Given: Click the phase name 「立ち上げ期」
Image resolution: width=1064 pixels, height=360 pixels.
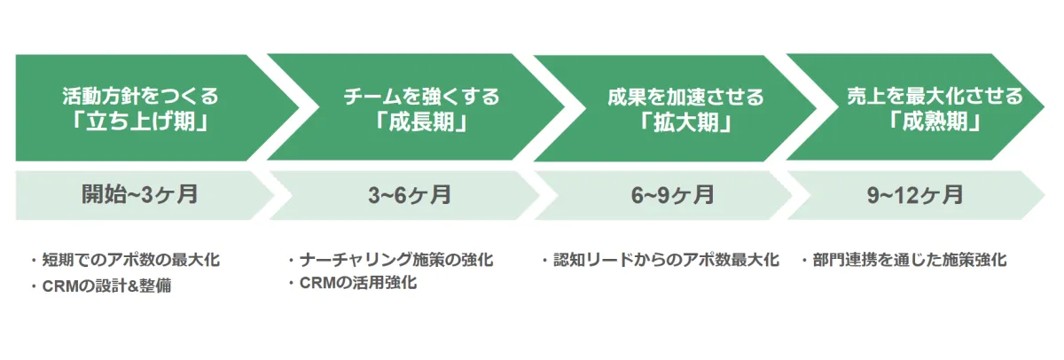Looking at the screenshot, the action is pos(140,121).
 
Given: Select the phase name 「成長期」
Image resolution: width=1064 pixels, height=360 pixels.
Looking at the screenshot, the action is pos(422,122).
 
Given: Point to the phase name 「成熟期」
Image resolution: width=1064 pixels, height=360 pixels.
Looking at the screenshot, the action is pos(935,121).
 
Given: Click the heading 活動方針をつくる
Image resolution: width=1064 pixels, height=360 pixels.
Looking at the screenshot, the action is pos(140,96).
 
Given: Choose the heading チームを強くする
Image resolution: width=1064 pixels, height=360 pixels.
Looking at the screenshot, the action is pos(422,97).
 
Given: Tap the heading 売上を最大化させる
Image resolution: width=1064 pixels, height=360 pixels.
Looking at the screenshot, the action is pos(935,96).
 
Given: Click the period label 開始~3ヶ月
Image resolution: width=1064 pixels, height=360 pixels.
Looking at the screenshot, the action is pos(140,195).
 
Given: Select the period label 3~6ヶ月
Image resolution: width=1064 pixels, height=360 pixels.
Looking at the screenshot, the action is pos(410,195).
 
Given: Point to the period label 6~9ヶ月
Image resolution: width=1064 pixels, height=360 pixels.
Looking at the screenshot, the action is pos(673,195).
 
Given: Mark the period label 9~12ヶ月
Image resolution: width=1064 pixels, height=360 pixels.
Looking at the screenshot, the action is pos(915,195).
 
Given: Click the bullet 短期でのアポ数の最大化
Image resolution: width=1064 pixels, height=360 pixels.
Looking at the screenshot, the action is pos(131,260).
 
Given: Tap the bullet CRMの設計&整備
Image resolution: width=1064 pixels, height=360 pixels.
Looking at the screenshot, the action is pos(107,286).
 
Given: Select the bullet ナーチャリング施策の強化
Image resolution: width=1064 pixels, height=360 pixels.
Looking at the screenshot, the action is pos(396,260).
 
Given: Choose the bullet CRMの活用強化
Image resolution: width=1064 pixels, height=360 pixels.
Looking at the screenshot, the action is pos(358,283).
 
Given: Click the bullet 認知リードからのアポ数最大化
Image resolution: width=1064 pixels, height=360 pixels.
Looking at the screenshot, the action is pos(667,260).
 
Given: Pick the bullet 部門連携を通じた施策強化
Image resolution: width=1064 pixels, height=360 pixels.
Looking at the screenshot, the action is pos(910,260).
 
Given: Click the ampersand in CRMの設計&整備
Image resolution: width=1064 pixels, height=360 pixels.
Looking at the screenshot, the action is pos(132,286).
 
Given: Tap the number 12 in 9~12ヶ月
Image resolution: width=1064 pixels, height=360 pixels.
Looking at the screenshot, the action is pos(900,195).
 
